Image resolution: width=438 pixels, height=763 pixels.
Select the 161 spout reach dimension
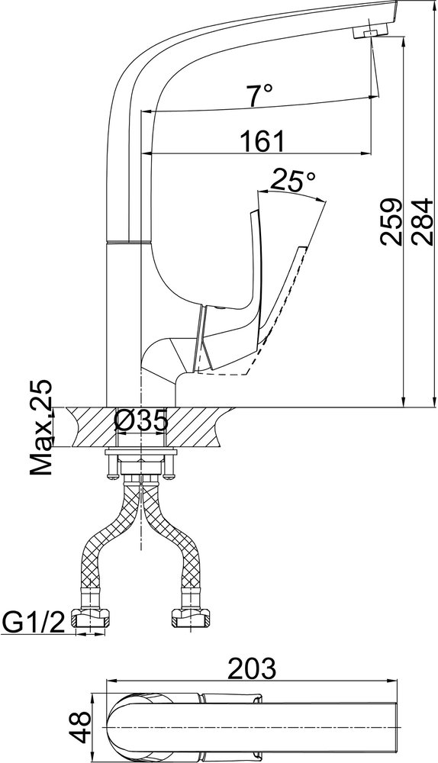[x=262, y=141]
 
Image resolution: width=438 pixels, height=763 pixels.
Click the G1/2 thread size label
[x=33, y=622]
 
